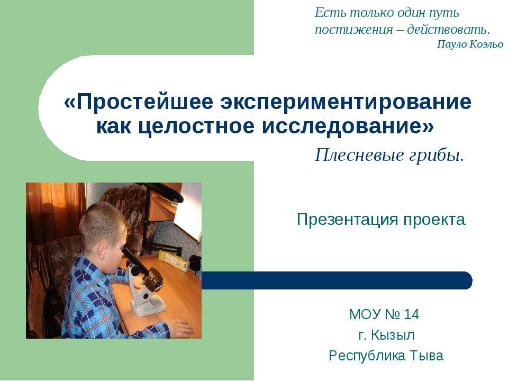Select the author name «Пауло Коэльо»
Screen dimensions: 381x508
(470, 44)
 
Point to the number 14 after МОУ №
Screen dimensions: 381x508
(411, 315)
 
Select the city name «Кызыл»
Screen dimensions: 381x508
(393, 335)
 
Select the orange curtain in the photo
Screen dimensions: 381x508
(50, 212)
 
